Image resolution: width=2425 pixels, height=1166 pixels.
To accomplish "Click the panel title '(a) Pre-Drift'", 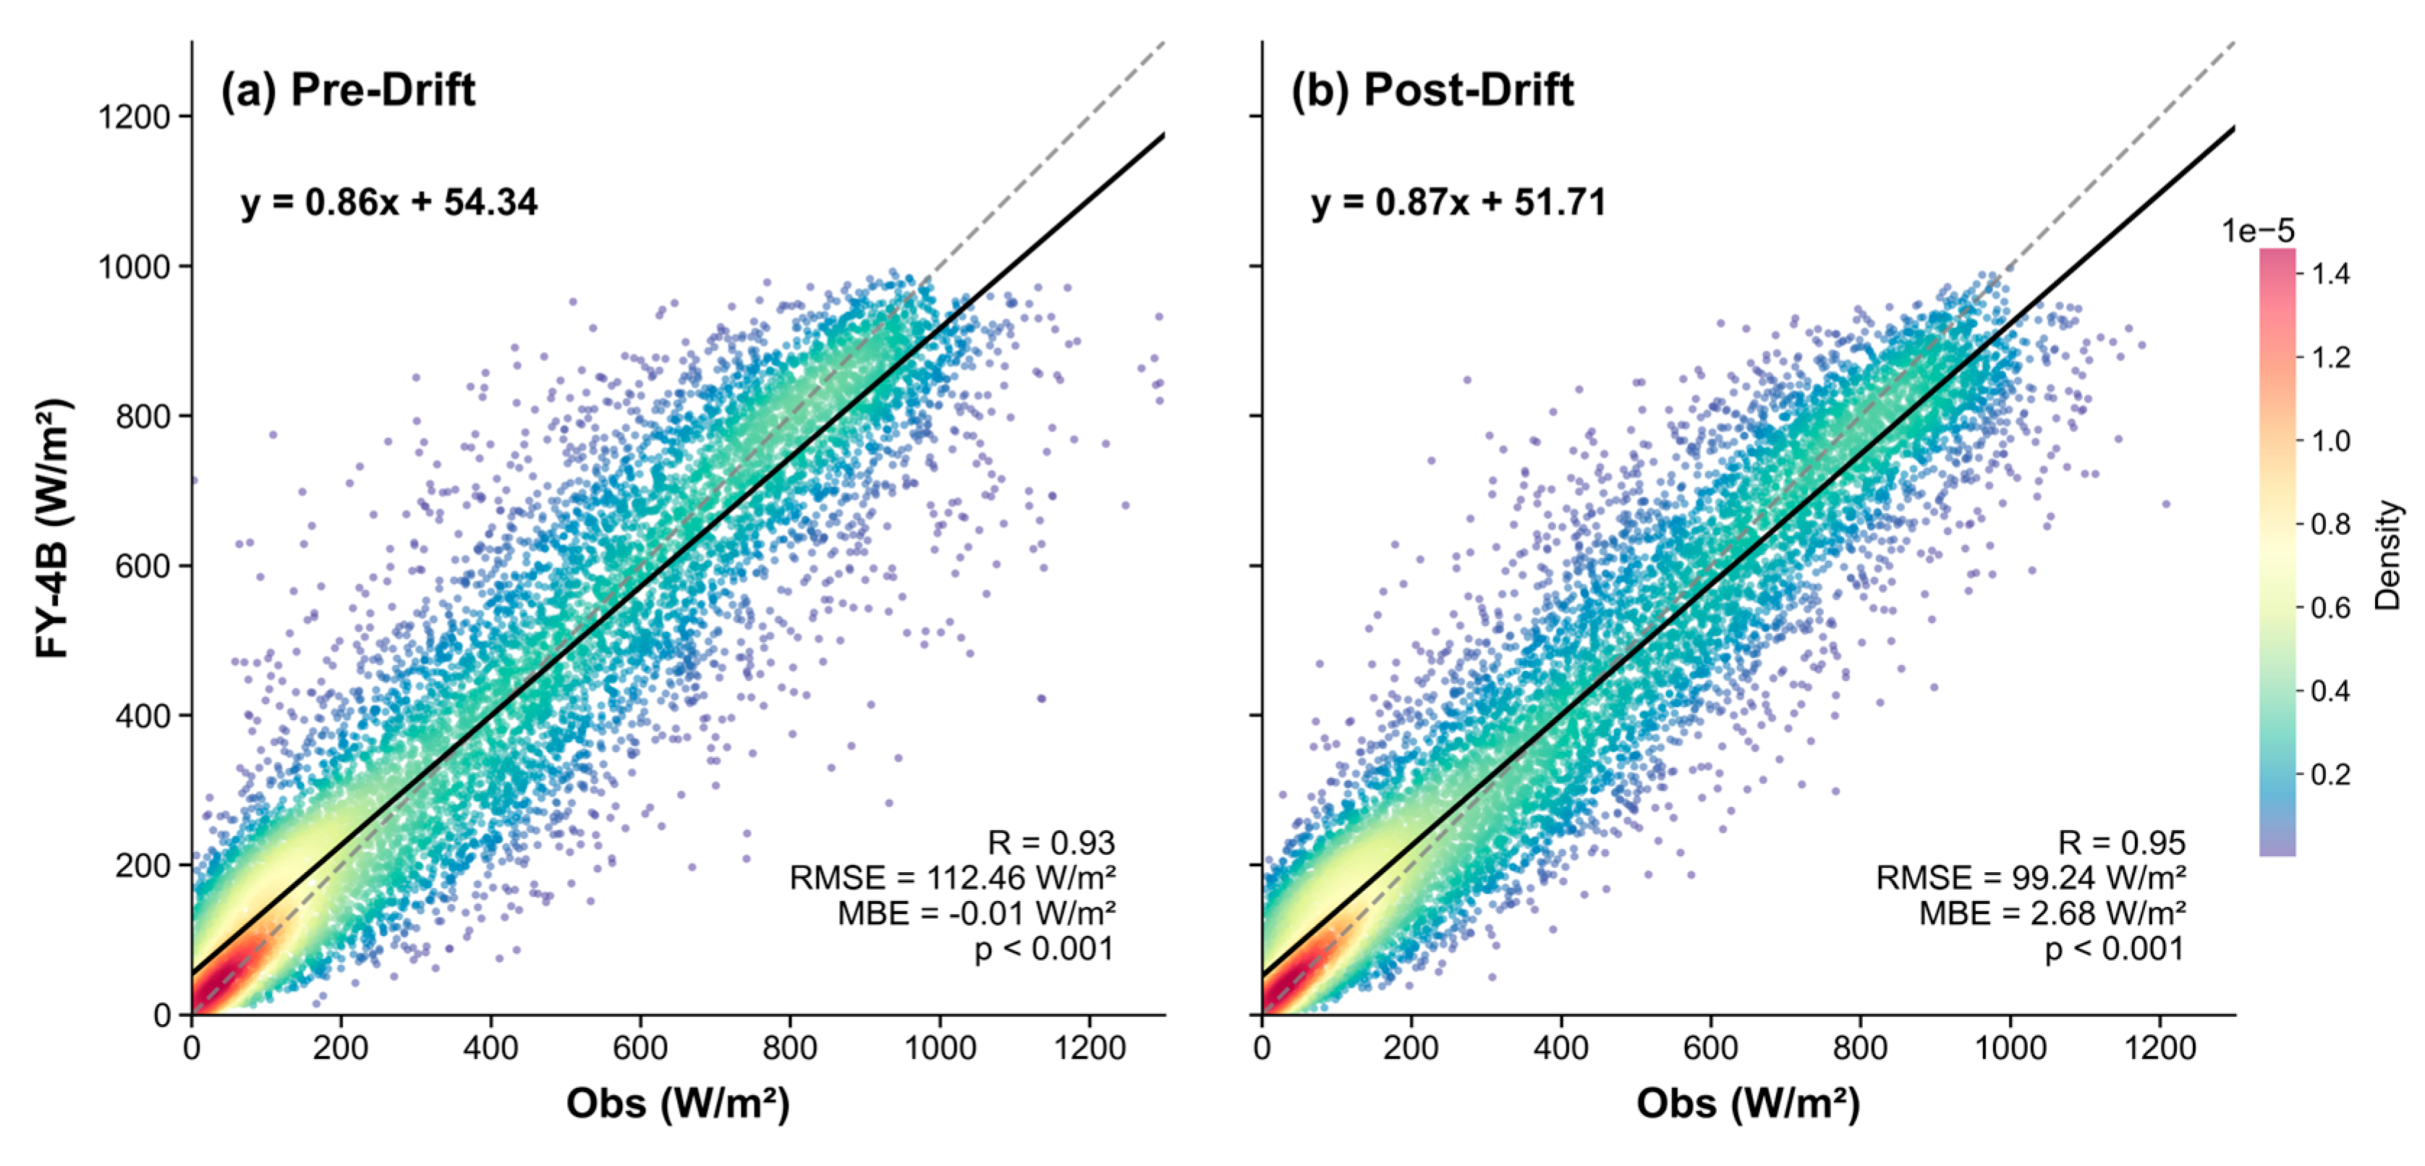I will pyautogui.click(x=347, y=90).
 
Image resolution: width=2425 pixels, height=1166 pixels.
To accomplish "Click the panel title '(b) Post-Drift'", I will pyautogui.click(x=1431, y=90).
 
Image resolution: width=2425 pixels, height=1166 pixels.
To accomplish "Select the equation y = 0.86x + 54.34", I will pyautogui.click(x=388, y=203).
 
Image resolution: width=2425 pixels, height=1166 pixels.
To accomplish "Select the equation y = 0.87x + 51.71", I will pyautogui.click(x=1458, y=203).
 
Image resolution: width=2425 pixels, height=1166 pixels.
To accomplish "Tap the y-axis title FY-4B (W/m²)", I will pyautogui.click(x=54, y=528).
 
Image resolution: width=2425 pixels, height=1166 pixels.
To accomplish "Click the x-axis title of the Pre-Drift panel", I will pyautogui.click(x=678, y=1103).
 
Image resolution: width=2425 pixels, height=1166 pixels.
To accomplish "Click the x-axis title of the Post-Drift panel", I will pyautogui.click(x=1748, y=1103).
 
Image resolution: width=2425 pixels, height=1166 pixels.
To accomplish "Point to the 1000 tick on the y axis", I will pyautogui.click(x=135, y=266).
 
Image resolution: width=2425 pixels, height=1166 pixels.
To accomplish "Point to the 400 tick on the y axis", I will pyautogui.click(x=143, y=716).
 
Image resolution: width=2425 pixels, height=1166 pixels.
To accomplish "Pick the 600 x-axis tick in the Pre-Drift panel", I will pyautogui.click(x=640, y=1047).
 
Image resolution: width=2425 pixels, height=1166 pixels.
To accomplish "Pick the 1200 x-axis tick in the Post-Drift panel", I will pyautogui.click(x=2159, y=1047).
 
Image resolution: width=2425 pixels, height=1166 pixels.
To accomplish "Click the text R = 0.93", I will pyautogui.click(x=1050, y=842).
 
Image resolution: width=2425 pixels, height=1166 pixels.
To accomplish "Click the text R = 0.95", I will pyautogui.click(x=2121, y=842).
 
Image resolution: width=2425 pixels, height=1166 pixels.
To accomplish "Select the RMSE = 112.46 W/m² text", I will pyautogui.click(x=952, y=878).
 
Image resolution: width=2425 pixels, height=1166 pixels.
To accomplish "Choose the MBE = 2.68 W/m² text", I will pyautogui.click(x=2052, y=913).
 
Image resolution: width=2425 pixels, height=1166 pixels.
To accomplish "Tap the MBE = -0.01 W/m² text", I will pyautogui.click(x=976, y=913).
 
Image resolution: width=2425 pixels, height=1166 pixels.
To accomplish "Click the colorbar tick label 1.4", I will pyautogui.click(x=2331, y=274).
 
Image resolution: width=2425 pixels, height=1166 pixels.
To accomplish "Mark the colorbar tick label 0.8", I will pyautogui.click(x=2331, y=524).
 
